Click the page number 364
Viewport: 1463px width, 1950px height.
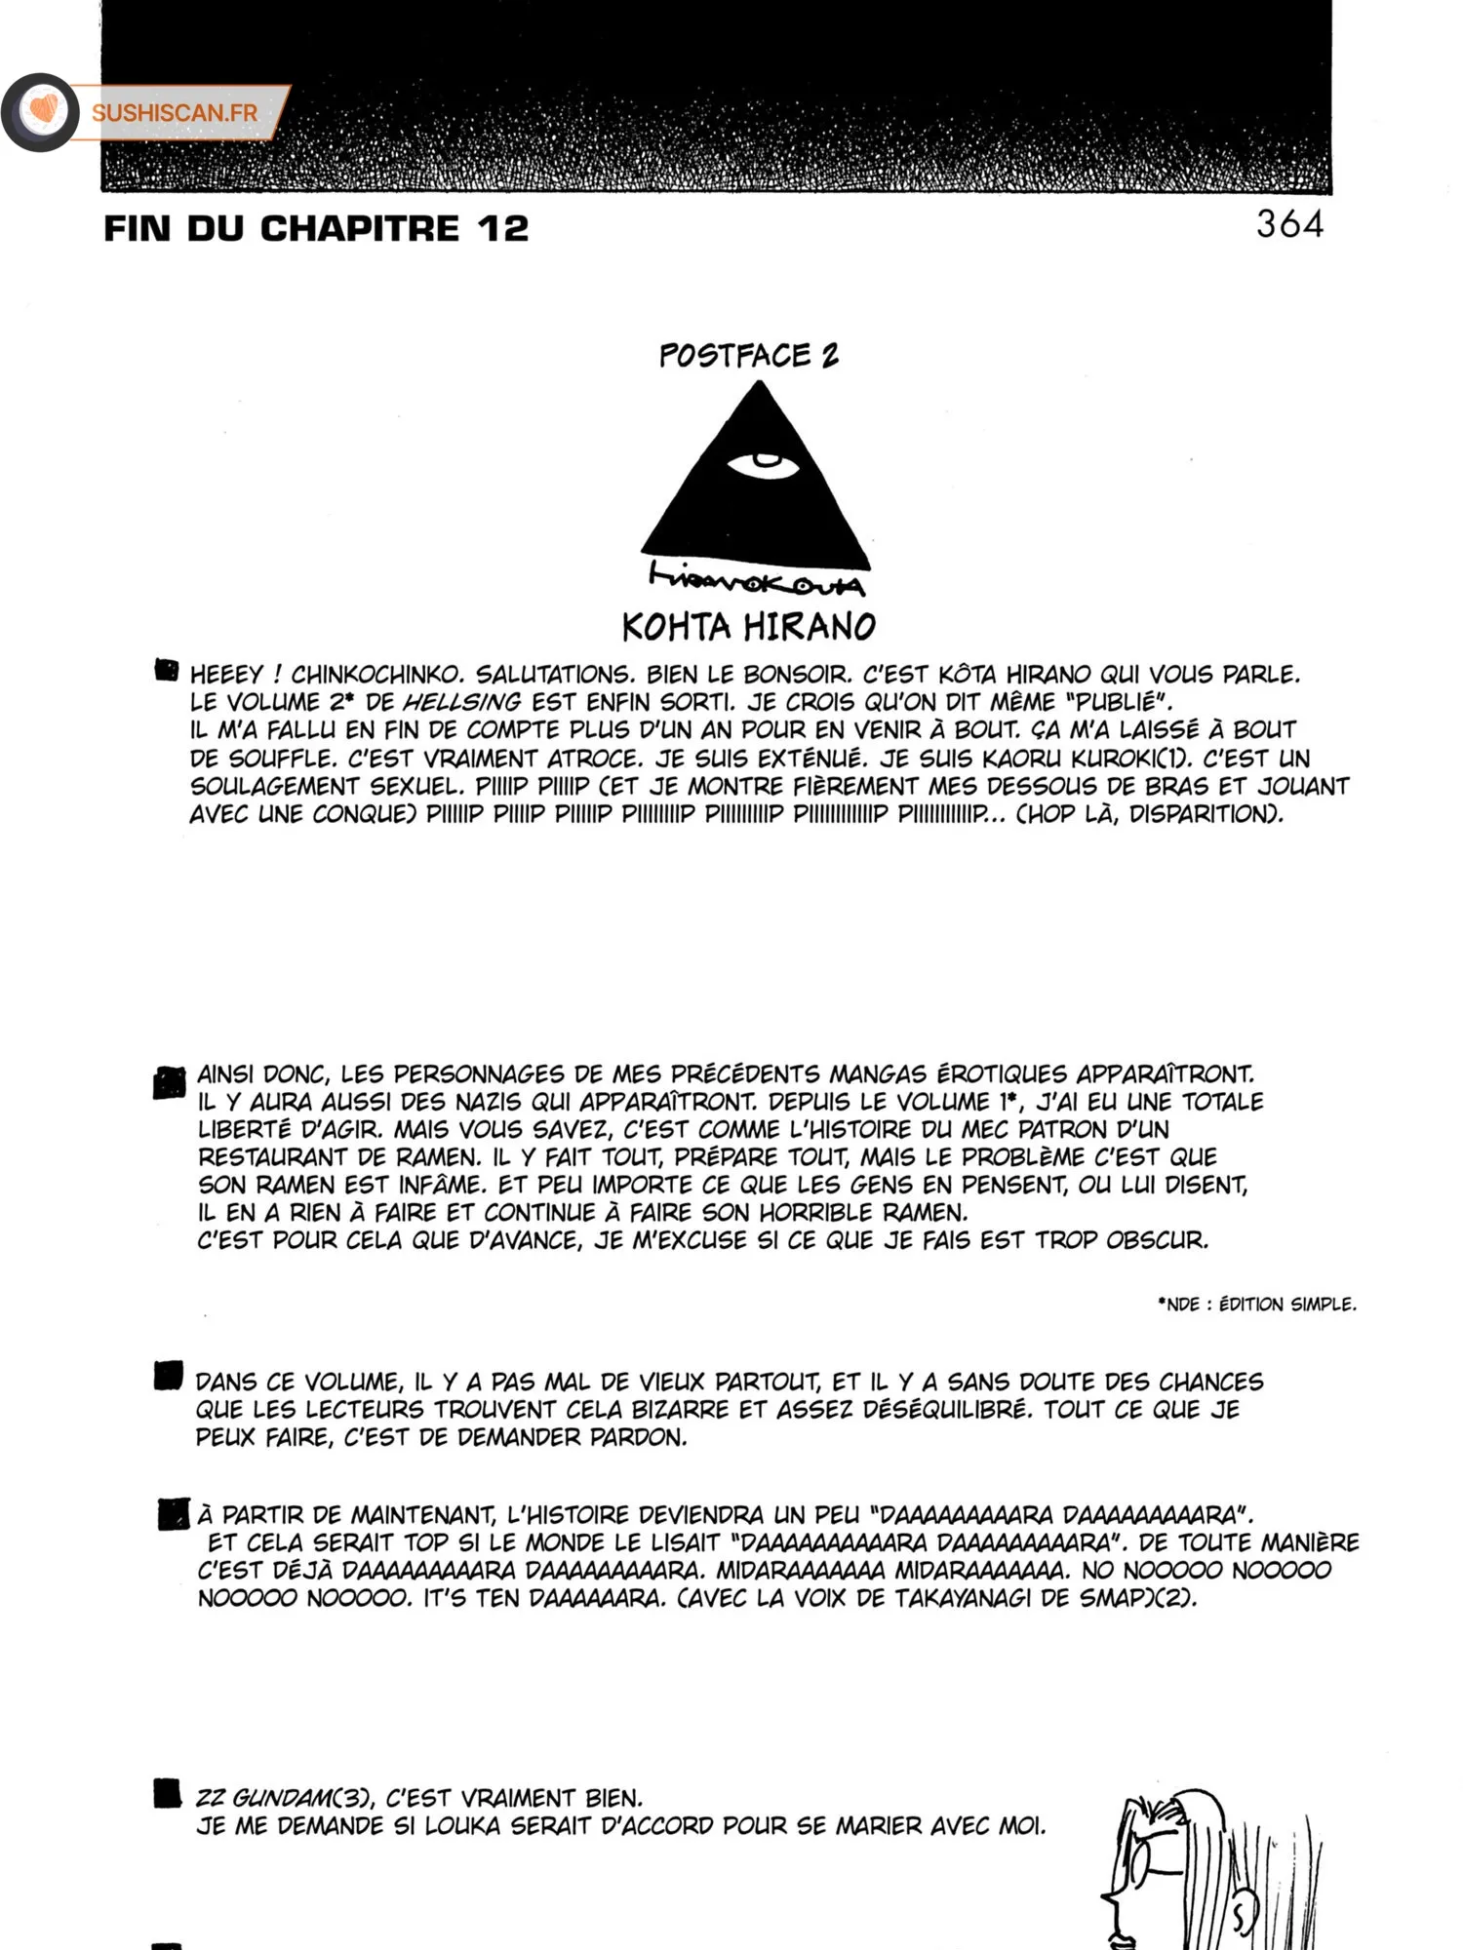[x=1289, y=224]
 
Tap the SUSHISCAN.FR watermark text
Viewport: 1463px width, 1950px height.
[x=175, y=113]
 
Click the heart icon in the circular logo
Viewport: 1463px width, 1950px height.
[x=42, y=110]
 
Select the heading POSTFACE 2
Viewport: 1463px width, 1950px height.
[x=748, y=356]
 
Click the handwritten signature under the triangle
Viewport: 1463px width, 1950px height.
[x=756, y=579]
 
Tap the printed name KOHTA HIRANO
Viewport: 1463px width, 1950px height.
[x=749, y=627]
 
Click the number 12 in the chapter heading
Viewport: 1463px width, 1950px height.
[x=503, y=229]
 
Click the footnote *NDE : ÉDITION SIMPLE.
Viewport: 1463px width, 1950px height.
[x=1256, y=1305]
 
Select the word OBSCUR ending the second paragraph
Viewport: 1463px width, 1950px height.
[x=1156, y=1241]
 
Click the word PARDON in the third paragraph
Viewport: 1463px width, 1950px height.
[x=637, y=1438]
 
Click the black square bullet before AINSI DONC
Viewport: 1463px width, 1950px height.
[x=169, y=1082]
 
